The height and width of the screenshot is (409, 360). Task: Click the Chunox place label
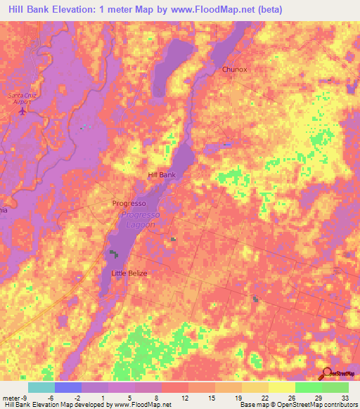pyautogui.click(x=235, y=70)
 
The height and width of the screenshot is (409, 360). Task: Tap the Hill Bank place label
pyautogui.click(x=161, y=174)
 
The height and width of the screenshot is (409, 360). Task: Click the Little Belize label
pyautogui.click(x=129, y=273)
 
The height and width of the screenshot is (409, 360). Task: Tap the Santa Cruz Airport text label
pyautogui.click(x=21, y=97)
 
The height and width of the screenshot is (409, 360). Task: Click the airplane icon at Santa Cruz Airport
pyautogui.click(x=22, y=110)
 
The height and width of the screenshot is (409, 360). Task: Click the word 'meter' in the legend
pyautogui.click(x=11, y=396)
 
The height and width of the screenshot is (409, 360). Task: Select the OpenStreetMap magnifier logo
pyautogui.click(x=326, y=373)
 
